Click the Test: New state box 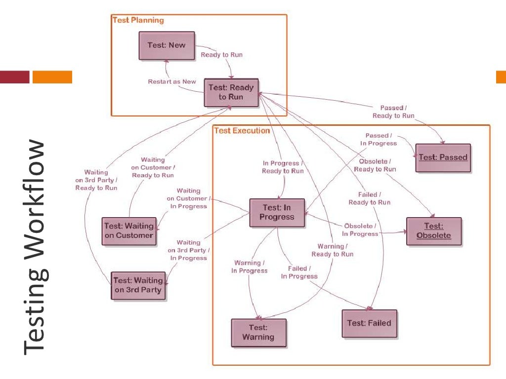[167, 45]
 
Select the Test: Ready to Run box [231, 92]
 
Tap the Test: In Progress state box [277, 213]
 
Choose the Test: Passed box [443, 157]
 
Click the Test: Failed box [369, 323]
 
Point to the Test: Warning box [258, 333]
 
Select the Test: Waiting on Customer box [128, 231]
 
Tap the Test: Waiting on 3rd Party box [138, 285]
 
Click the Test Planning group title [138, 20]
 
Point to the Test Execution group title [242, 131]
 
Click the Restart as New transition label [172, 81]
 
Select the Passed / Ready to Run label [393, 112]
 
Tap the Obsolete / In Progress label [360, 230]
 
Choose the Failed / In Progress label [299, 272]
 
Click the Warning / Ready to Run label [332, 250]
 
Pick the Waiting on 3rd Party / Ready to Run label [96, 180]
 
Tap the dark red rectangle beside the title [15, 77]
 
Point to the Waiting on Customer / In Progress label [188, 198]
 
